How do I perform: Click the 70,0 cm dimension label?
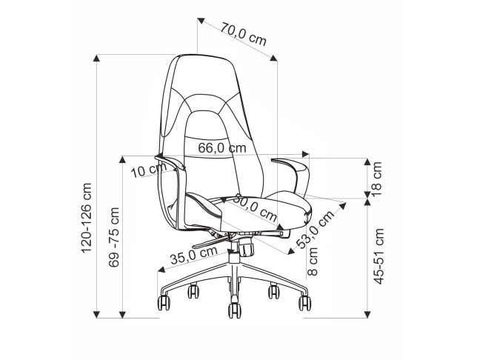pos(244,34)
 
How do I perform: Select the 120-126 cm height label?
pos(87,218)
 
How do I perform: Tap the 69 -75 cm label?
pos(114,237)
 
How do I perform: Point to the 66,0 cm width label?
pos(222,148)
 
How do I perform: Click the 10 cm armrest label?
pos(149,170)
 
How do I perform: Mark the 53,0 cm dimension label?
pos(316,230)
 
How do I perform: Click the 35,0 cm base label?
pos(194,255)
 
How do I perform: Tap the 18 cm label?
pos(376,179)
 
